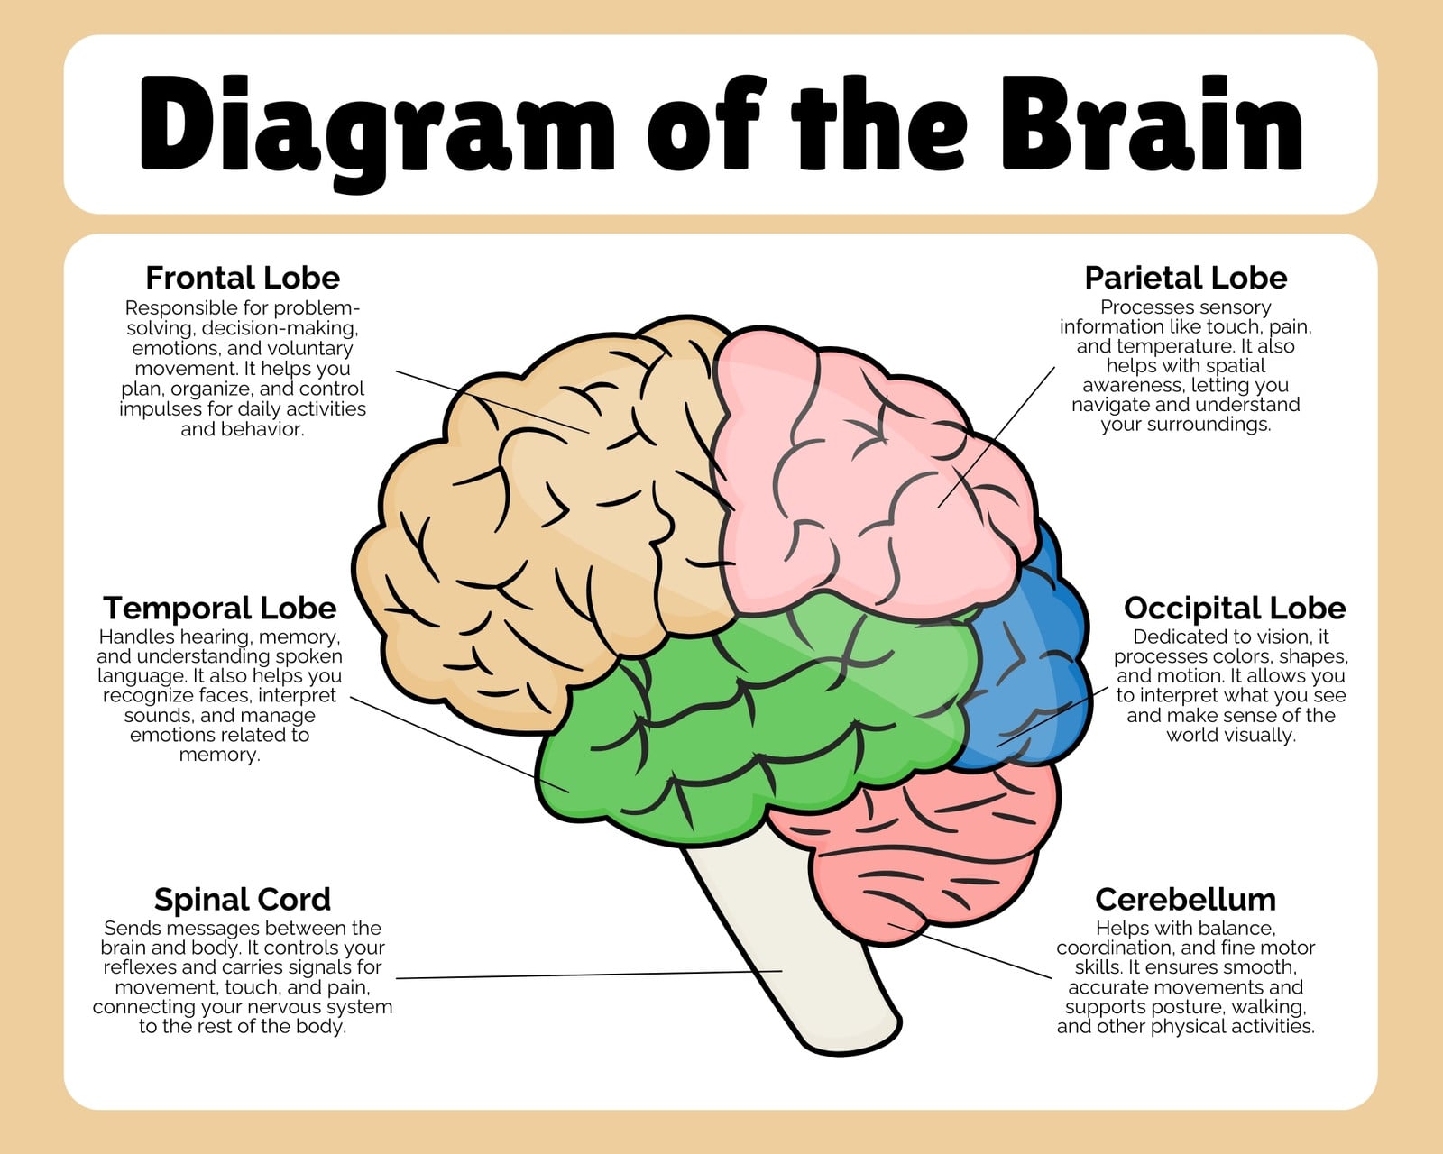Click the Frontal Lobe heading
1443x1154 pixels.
tap(243, 278)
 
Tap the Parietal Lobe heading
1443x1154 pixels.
tap(1185, 278)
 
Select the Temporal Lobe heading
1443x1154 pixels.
tap(219, 609)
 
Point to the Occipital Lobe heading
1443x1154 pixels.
tap(1235, 609)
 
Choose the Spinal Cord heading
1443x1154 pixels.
tap(243, 900)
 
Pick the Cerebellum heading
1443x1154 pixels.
tap(1185, 900)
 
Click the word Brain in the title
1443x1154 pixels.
tap(1152, 124)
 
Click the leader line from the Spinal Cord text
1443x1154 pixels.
tap(589, 975)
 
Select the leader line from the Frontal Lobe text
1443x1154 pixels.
tap(492, 402)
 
